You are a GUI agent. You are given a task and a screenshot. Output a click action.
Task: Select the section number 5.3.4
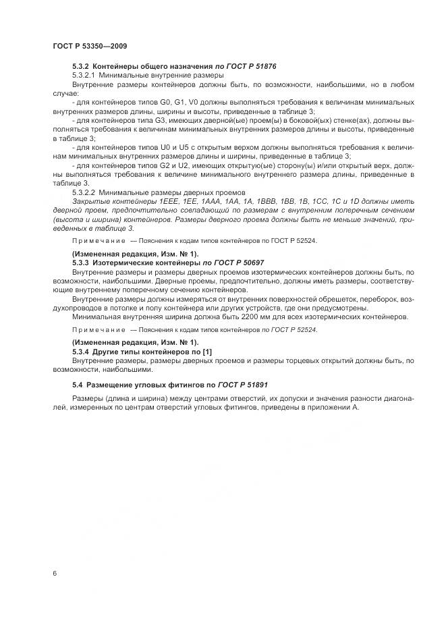(82, 352)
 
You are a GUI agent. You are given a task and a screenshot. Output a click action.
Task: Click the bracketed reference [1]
(206, 352)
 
